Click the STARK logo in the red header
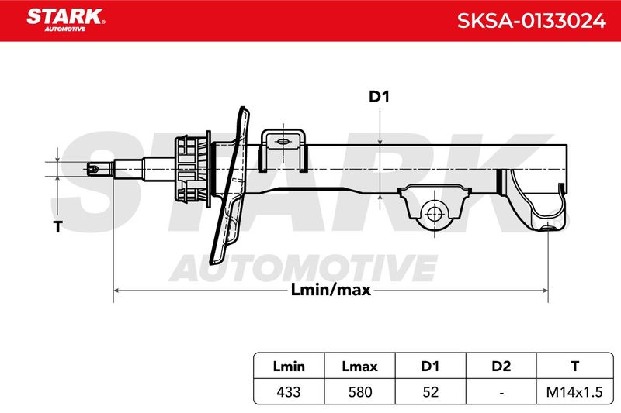[x=66, y=19]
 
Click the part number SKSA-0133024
[x=532, y=21]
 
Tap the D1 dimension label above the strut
[x=379, y=96]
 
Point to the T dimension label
[x=57, y=227]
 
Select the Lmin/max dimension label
[x=331, y=290]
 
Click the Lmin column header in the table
[x=289, y=367]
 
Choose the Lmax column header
[x=359, y=367]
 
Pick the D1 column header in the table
[x=430, y=367]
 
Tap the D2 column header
[x=501, y=367]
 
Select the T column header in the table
[x=575, y=367]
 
